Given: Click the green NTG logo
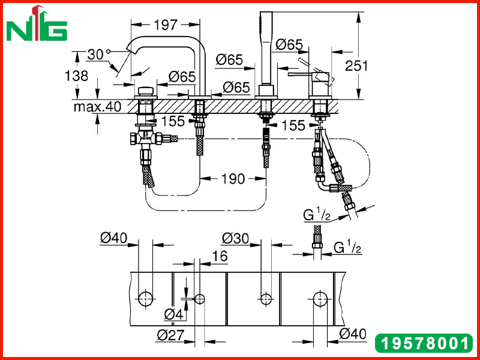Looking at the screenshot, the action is click(x=37, y=23).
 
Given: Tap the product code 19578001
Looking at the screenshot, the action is click(x=424, y=343).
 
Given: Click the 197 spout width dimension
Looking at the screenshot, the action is click(x=166, y=25).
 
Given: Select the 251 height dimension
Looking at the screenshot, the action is click(x=356, y=65).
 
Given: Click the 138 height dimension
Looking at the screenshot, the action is click(x=77, y=76).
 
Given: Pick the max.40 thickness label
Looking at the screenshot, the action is click(x=97, y=107).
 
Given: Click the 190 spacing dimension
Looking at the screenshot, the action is click(x=233, y=179).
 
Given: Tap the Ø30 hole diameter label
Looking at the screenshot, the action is click(x=235, y=238).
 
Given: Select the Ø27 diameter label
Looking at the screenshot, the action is click(x=170, y=335).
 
